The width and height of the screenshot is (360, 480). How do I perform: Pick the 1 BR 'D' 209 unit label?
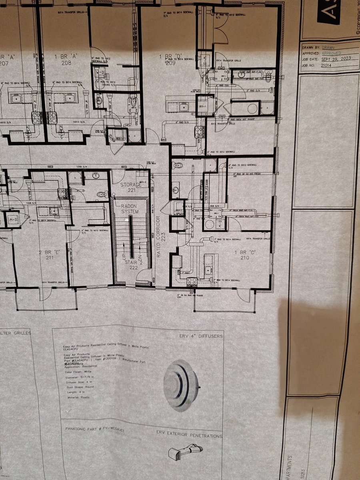pyautogui.click(x=168, y=60)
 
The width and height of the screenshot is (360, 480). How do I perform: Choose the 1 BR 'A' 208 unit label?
pyautogui.click(x=65, y=60)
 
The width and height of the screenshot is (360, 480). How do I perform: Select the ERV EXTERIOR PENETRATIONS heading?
pyautogui.click(x=189, y=436)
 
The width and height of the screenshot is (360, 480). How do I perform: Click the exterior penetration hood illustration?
pyautogui.click(x=185, y=452)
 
